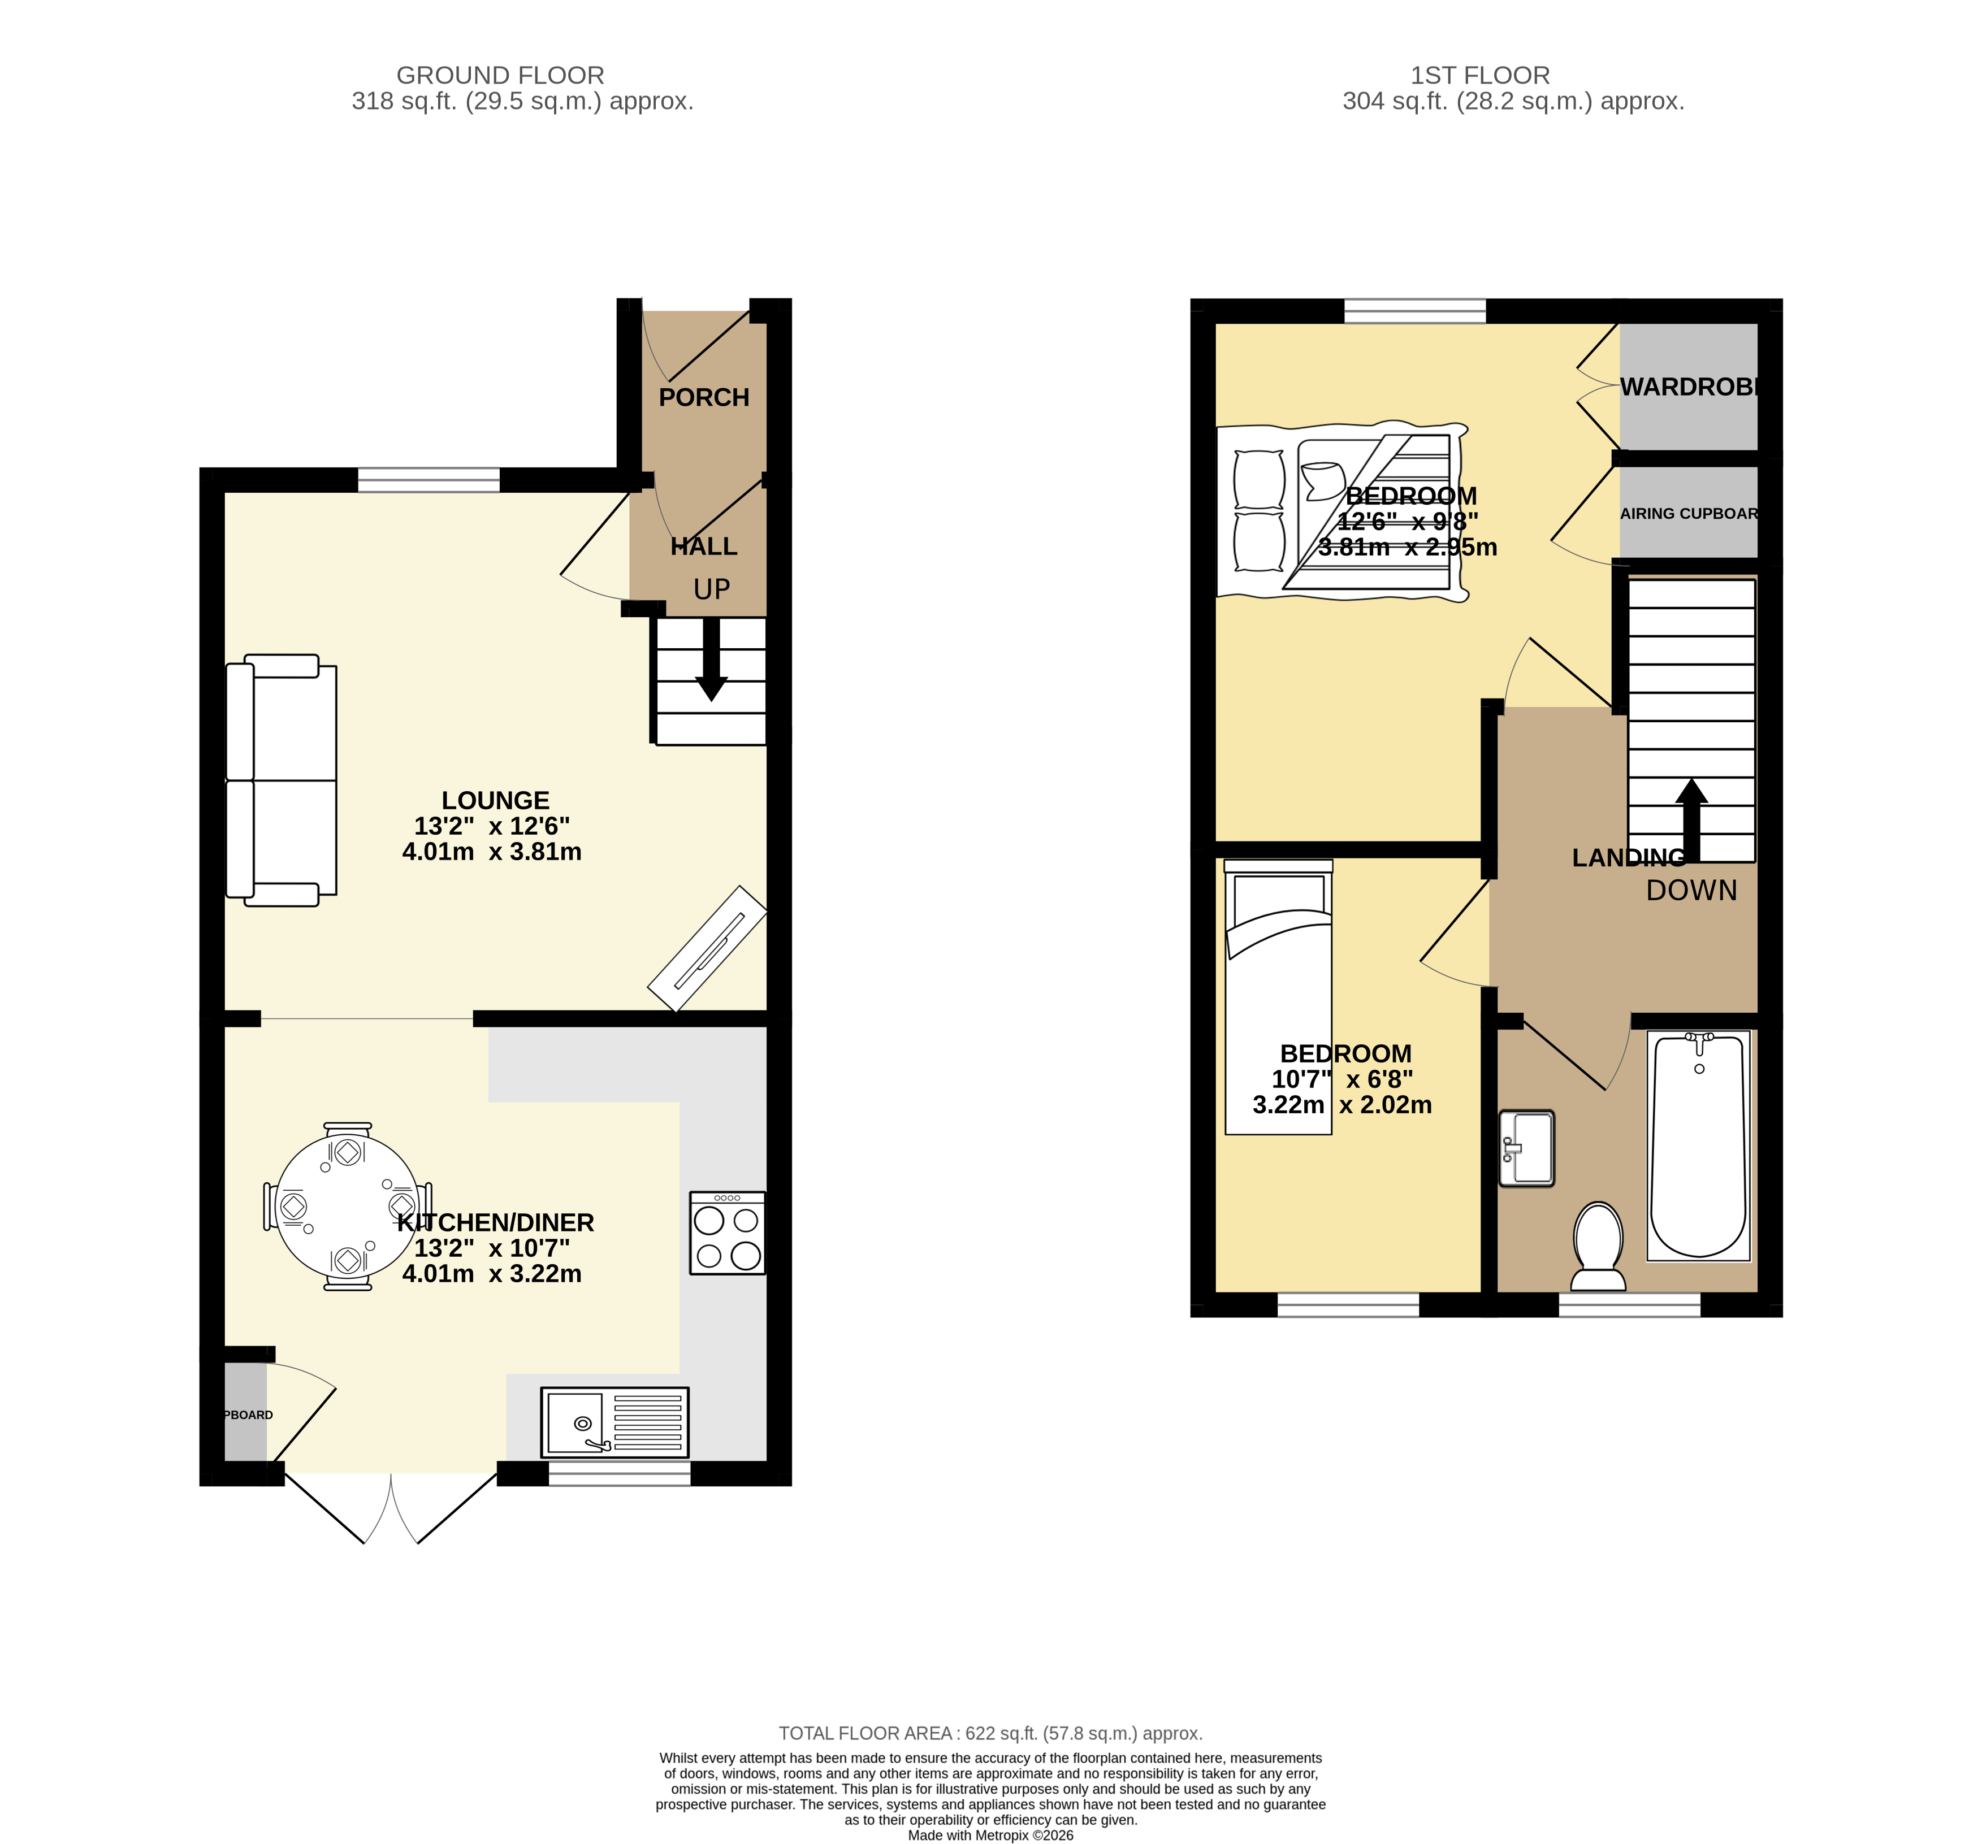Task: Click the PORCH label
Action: click(704, 398)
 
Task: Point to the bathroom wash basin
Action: click(1526, 1148)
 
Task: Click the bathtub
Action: click(1698, 1146)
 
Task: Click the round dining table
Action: click(347, 1207)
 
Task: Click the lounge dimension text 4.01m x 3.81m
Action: click(491, 852)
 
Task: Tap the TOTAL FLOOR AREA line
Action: click(990, 1733)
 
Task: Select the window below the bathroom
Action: click(1629, 1305)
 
